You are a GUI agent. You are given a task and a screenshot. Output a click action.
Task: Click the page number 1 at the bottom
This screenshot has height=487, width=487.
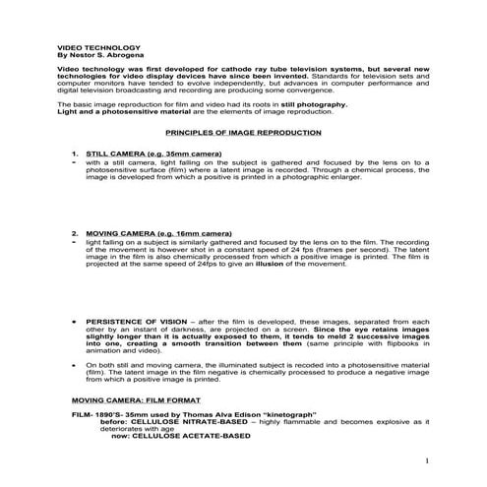click(x=428, y=460)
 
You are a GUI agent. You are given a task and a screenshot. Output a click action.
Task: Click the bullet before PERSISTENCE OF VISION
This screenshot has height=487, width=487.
click(x=74, y=322)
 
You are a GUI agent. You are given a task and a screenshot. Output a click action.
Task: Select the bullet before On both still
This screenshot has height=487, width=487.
click(x=74, y=364)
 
